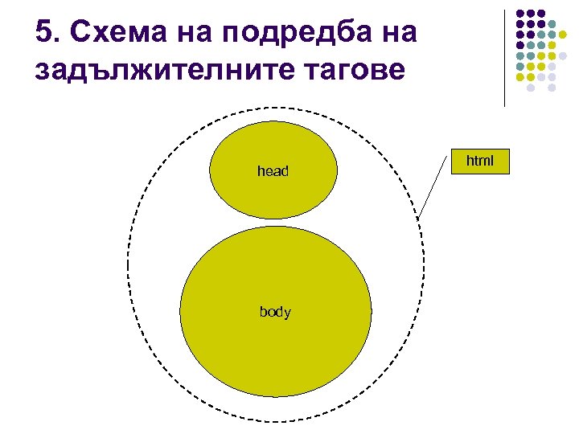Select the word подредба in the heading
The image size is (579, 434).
pos(281,33)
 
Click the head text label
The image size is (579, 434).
pos(273,171)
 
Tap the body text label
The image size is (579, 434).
pos(275,312)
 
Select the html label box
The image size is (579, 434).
pos(480,162)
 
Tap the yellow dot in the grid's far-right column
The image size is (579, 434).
pos(564,35)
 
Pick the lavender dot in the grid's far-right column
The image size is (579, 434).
pos(564,56)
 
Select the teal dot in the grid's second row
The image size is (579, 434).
pos(552,24)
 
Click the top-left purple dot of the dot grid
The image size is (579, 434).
pos(520,13)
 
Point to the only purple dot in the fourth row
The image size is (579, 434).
pos(520,46)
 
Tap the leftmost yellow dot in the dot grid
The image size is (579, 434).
pos(520,78)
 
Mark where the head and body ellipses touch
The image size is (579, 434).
pos(273,223)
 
